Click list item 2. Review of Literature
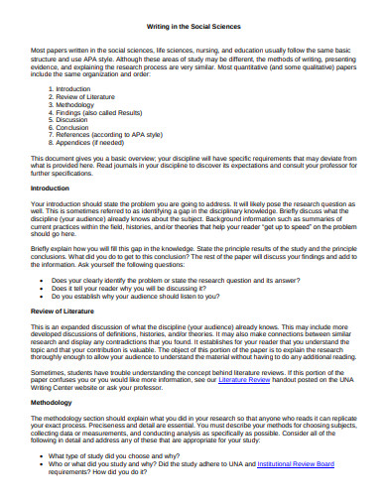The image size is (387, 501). tap(81, 97)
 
